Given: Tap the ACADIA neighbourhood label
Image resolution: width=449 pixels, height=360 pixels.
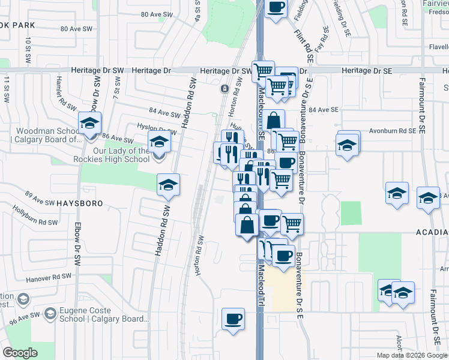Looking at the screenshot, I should click(x=432, y=232).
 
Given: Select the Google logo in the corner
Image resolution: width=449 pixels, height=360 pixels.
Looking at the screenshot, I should click(x=20, y=353).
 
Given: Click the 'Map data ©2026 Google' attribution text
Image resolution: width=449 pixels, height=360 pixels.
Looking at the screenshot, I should click(x=412, y=355).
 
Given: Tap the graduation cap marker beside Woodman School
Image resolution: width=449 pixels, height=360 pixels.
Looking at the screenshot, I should click(x=90, y=124).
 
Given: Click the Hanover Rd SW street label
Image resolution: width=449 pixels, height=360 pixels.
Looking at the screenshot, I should click(x=49, y=277).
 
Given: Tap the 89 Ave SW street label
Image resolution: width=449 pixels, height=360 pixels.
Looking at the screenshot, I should click(x=37, y=194).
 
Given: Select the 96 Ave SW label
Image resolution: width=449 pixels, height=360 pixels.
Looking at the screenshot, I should click(x=25, y=316).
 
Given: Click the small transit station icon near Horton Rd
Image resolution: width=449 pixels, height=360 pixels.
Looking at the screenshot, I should click(x=224, y=89).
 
